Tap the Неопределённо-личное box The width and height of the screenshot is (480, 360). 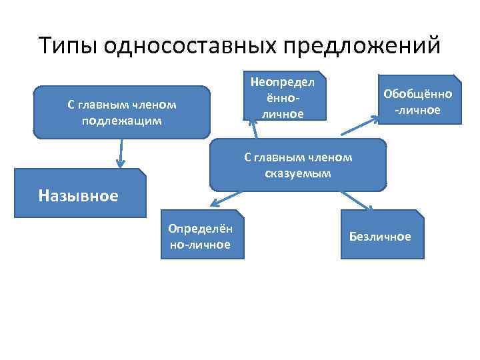283,96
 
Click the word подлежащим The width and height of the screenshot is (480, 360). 121,121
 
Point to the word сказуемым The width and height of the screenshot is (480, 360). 297,173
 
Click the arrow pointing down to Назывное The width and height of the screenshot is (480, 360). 121,153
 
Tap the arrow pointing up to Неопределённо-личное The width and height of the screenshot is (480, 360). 252,129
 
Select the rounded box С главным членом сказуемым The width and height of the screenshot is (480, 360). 298,165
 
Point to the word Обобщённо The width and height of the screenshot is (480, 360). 418,94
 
